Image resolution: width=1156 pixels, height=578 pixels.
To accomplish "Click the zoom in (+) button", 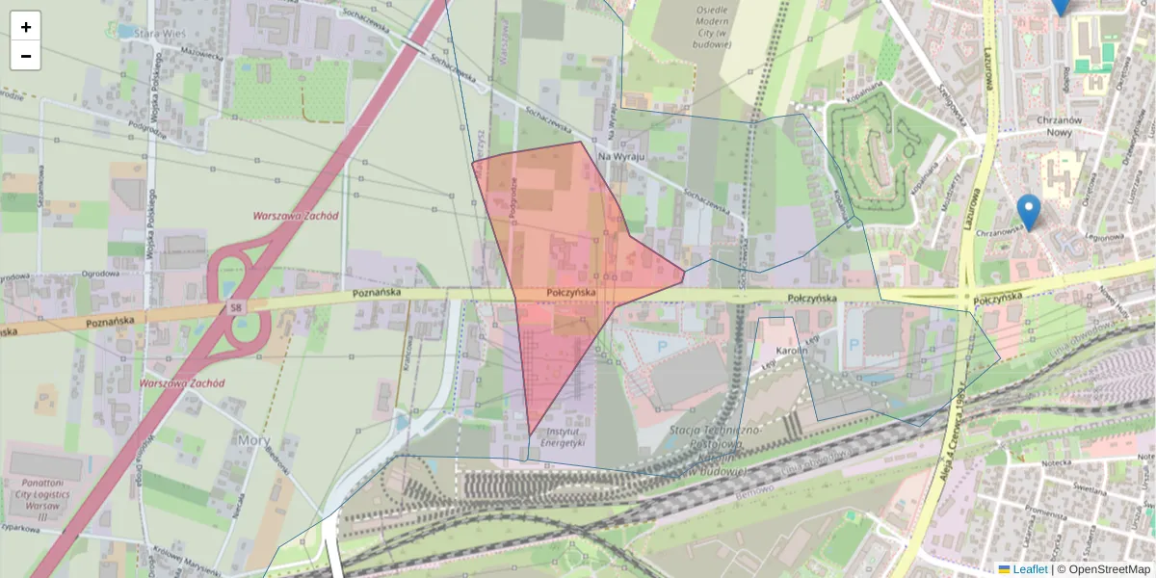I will (26, 26).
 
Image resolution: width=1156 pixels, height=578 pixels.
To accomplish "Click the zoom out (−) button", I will (26, 56).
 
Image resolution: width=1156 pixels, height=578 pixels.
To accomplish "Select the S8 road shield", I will (235, 307).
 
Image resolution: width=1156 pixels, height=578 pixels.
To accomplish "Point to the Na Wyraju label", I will (620, 154).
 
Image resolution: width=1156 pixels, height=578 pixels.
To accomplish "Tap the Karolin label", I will (791, 352).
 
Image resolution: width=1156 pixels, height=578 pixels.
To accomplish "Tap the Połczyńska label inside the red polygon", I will (571, 292).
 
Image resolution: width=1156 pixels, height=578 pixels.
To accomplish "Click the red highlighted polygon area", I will (559, 231).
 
